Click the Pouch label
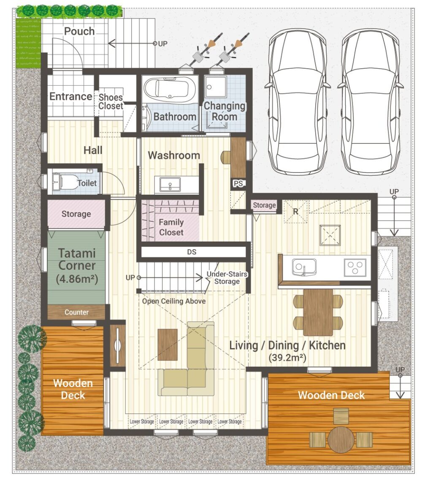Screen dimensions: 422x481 tap(79, 31)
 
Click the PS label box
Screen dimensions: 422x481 tap(238, 183)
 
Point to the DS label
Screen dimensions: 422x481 tap(192, 252)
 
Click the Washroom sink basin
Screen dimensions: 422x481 tap(170, 185)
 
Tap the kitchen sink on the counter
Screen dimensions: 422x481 tap(304, 266)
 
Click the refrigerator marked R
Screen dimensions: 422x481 tap(295, 212)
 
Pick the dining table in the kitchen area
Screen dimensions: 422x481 tap(318, 312)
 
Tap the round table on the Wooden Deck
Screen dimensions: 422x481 tap(341, 439)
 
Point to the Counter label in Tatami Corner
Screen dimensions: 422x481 tap(76, 312)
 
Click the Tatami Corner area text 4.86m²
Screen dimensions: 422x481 tap(77, 279)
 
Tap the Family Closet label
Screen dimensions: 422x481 tap(171, 227)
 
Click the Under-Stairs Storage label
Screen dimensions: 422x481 tap(227, 278)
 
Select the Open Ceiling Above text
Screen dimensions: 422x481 tap(174, 301)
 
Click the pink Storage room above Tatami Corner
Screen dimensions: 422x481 tap(76, 214)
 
